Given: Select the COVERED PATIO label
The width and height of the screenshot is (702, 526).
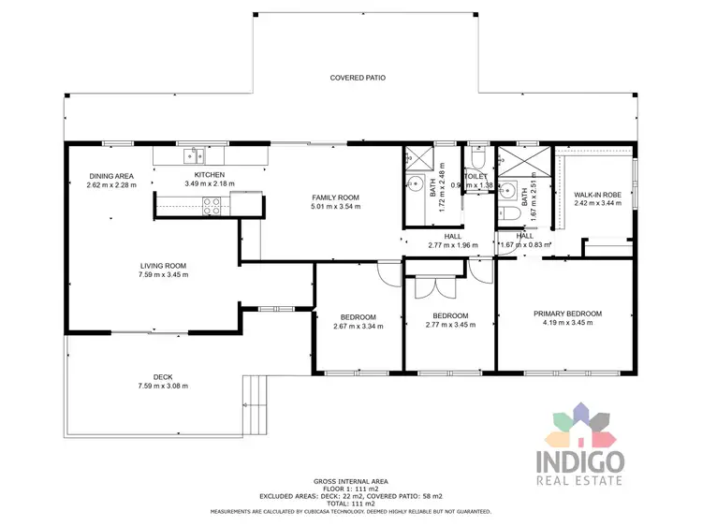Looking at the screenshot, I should pos(358,78).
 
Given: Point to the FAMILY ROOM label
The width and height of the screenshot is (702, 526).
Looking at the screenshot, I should pos(336,197).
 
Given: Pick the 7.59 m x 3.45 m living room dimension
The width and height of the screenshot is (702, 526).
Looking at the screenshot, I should pos(164,275).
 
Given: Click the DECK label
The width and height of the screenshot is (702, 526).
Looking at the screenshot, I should pos(163,377).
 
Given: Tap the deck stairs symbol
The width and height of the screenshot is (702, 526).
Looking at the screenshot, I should pos(256,403).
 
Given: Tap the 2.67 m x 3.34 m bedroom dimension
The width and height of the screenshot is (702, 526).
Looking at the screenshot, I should pos(358,326).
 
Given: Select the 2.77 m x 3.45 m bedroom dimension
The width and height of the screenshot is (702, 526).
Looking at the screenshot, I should pos(450,325).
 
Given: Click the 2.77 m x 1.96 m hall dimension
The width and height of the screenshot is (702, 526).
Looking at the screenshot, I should pos(453,245).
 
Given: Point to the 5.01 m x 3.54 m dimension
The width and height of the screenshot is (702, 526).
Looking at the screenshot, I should pos(336,207).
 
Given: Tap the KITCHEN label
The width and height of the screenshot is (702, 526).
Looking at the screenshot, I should pos(210,175).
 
